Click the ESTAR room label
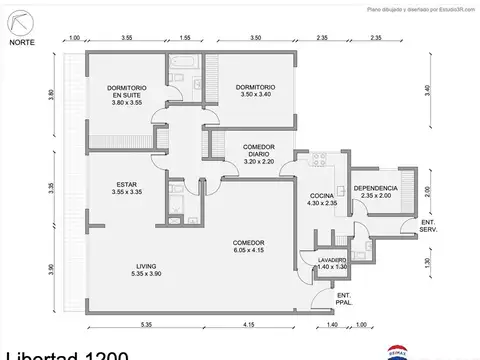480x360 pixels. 126,187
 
